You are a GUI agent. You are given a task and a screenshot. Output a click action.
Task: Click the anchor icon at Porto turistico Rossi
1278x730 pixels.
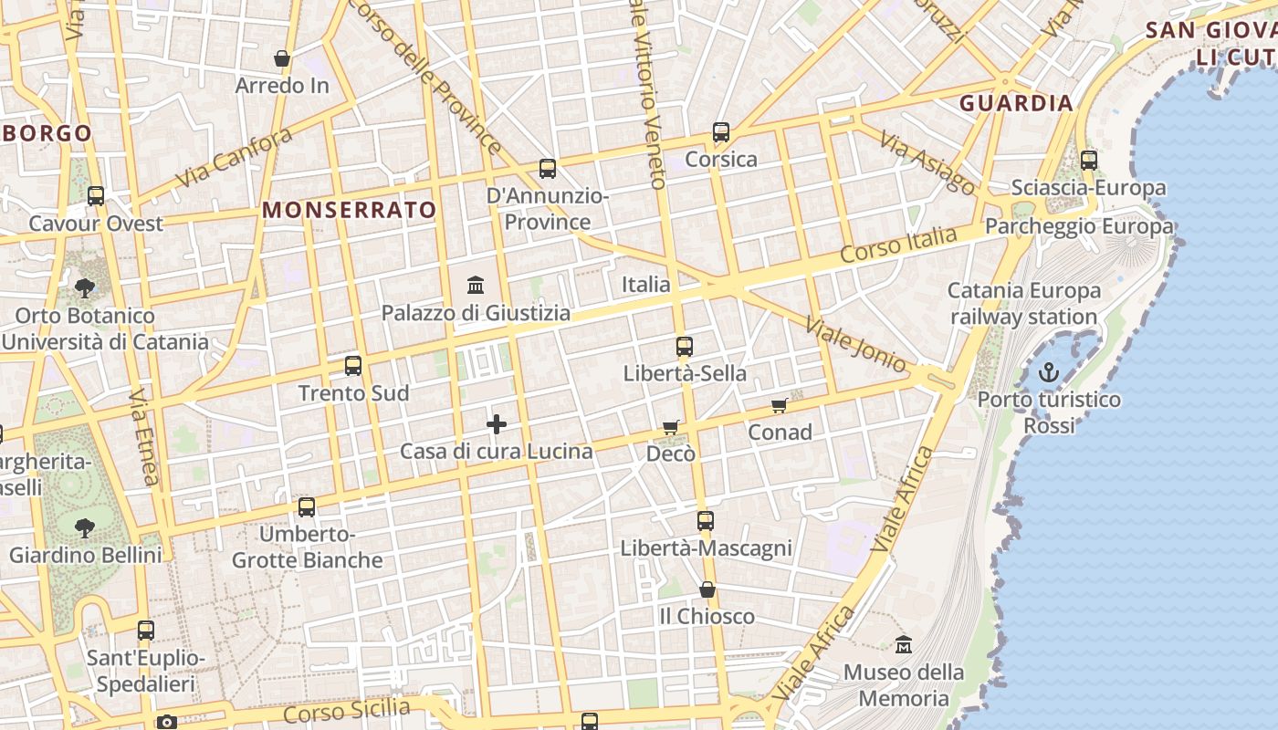click(x=1049, y=372)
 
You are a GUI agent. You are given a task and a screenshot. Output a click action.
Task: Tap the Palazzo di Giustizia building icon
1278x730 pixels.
click(x=476, y=286)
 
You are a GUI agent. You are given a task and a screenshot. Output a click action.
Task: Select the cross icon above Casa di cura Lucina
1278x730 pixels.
click(x=497, y=424)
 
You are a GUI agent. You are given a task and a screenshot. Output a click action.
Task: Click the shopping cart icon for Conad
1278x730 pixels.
click(x=779, y=405)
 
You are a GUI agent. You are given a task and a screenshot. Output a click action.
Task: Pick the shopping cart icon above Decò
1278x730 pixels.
click(x=671, y=427)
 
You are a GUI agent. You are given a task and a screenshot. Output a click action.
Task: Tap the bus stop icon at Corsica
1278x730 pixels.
click(x=721, y=132)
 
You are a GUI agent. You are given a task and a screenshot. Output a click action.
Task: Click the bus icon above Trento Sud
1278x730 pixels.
click(x=353, y=366)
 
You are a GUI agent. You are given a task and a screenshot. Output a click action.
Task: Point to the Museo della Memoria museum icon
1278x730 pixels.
click(x=904, y=644)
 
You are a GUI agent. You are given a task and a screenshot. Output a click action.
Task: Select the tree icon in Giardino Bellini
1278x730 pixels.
click(x=85, y=527)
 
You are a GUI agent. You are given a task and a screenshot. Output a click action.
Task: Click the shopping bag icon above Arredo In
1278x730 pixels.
click(x=282, y=58)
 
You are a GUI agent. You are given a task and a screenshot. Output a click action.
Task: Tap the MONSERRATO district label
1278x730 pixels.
click(x=350, y=210)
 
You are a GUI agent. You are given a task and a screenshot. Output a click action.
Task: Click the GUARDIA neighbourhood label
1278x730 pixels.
click(x=1016, y=103)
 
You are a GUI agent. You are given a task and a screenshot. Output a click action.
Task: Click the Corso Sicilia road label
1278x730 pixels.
click(x=347, y=710)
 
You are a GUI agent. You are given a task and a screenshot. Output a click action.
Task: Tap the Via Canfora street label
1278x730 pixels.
click(x=234, y=157)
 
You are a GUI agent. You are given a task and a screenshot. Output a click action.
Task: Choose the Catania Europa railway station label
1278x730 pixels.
click(x=1024, y=304)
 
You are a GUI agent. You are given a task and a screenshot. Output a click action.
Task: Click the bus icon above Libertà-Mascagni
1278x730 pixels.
click(x=706, y=521)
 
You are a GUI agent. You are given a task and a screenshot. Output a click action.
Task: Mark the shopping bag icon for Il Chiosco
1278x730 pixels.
click(x=707, y=589)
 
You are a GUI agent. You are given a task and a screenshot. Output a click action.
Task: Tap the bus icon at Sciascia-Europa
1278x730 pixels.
click(x=1088, y=161)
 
